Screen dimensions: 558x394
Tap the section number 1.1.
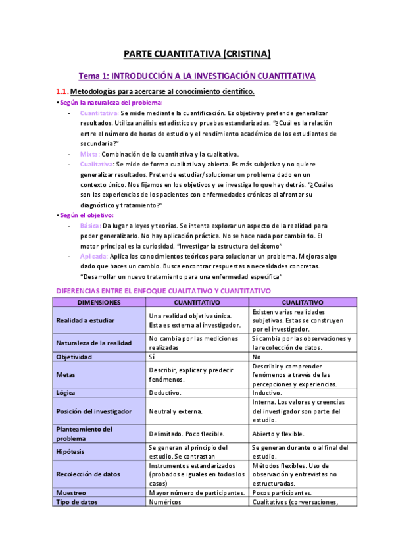(61, 91)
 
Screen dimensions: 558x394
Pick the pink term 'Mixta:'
(89, 153)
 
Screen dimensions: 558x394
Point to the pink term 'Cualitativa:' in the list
(97, 164)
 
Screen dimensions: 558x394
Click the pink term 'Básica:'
(91, 225)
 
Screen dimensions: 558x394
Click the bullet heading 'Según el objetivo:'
(85, 215)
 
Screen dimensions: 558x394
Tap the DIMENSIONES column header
(98, 302)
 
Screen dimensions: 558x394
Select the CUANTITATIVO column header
(197, 302)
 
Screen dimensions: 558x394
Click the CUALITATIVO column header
(303, 302)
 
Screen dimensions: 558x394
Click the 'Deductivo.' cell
(167, 392)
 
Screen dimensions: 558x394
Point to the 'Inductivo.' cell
(270, 392)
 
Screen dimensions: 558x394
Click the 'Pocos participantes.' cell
(283, 492)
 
